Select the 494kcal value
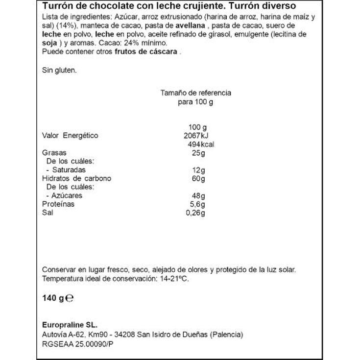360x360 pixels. click(x=201, y=144)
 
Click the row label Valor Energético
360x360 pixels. click(x=70, y=136)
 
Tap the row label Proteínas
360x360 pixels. click(x=58, y=204)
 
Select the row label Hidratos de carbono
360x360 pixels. click(x=76, y=178)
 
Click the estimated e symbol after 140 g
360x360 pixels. click(x=70, y=297)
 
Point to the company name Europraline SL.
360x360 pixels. click(x=70, y=326)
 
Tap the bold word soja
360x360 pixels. click(x=50, y=43)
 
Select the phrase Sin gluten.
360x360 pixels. click(x=59, y=71)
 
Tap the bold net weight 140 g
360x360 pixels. click(x=53, y=297)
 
